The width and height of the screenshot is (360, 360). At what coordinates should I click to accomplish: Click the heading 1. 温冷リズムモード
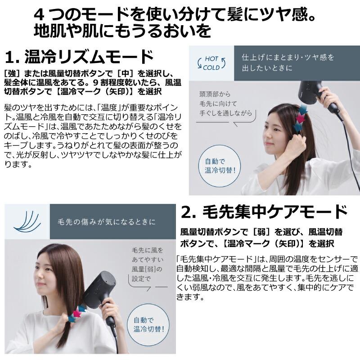coord(80,57)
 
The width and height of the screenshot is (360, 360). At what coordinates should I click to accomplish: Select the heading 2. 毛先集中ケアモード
coord(264,212)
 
